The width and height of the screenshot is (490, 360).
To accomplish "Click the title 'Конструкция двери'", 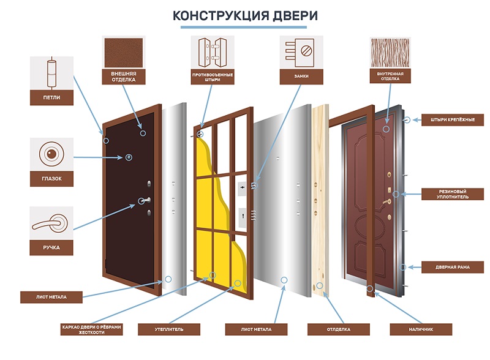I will (245, 15).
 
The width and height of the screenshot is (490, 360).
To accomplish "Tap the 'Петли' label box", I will (51, 97).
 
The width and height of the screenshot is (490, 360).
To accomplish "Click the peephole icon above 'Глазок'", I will (51, 153).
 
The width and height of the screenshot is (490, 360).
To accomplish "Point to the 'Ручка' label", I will (51, 248).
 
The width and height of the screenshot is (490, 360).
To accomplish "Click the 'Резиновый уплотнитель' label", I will (453, 194).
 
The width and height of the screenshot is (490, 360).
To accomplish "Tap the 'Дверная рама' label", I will (453, 267).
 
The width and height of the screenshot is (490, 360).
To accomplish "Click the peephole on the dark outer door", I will (129, 158).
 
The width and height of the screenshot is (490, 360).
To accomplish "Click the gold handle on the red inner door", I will (387, 202).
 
